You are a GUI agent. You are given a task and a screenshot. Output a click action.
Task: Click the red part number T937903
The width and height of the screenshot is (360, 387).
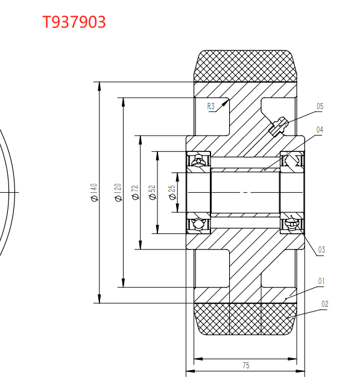(x=74, y=22)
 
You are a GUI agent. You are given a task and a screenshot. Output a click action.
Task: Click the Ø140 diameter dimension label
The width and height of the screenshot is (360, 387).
(x=94, y=193)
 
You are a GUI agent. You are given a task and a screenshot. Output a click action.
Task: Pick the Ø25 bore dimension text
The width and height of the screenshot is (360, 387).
(x=172, y=192)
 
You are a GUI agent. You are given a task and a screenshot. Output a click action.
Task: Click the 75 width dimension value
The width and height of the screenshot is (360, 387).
(x=245, y=365)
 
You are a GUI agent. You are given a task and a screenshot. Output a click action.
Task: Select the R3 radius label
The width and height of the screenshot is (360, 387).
(x=211, y=107)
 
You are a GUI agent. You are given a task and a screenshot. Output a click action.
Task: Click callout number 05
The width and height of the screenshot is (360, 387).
(x=320, y=106)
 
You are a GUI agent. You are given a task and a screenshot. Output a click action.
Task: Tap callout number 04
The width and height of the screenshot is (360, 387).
(x=320, y=130)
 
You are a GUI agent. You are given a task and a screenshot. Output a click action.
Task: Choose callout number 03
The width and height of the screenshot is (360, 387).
(x=321, y=250)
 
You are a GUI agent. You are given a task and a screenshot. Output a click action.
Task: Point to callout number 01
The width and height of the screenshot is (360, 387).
(x=321, y=281)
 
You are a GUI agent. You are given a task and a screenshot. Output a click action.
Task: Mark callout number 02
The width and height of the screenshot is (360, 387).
(x=324, y=304)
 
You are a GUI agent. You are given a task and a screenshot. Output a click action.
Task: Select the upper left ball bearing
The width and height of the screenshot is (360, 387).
(x=198, y=162)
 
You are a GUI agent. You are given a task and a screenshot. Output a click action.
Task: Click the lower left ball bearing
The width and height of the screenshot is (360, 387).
(x=198, y=224)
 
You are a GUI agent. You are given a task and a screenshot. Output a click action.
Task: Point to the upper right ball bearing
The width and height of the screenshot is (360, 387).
(x=293, y=162)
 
